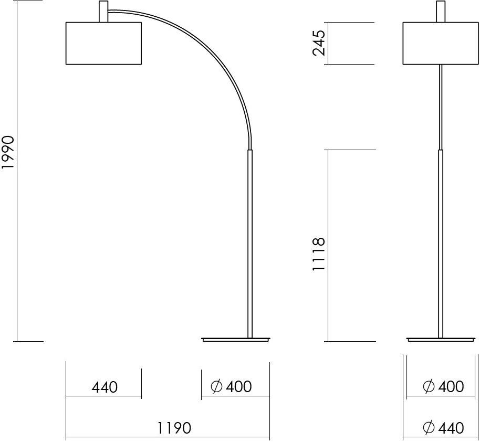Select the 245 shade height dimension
(318, 43)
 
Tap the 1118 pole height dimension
(318, 254)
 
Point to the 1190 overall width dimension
(174, 428)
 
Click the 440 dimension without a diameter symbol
(105, 387)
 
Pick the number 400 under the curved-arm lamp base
(239, 387)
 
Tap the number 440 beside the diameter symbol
(451, 428)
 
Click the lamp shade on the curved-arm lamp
(103, 43)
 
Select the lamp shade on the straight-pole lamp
(440, 43)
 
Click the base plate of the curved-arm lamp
(236, 340)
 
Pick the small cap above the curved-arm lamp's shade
(103, 12)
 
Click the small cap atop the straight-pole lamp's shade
(440, 12)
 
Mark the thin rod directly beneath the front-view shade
(440, 105)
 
